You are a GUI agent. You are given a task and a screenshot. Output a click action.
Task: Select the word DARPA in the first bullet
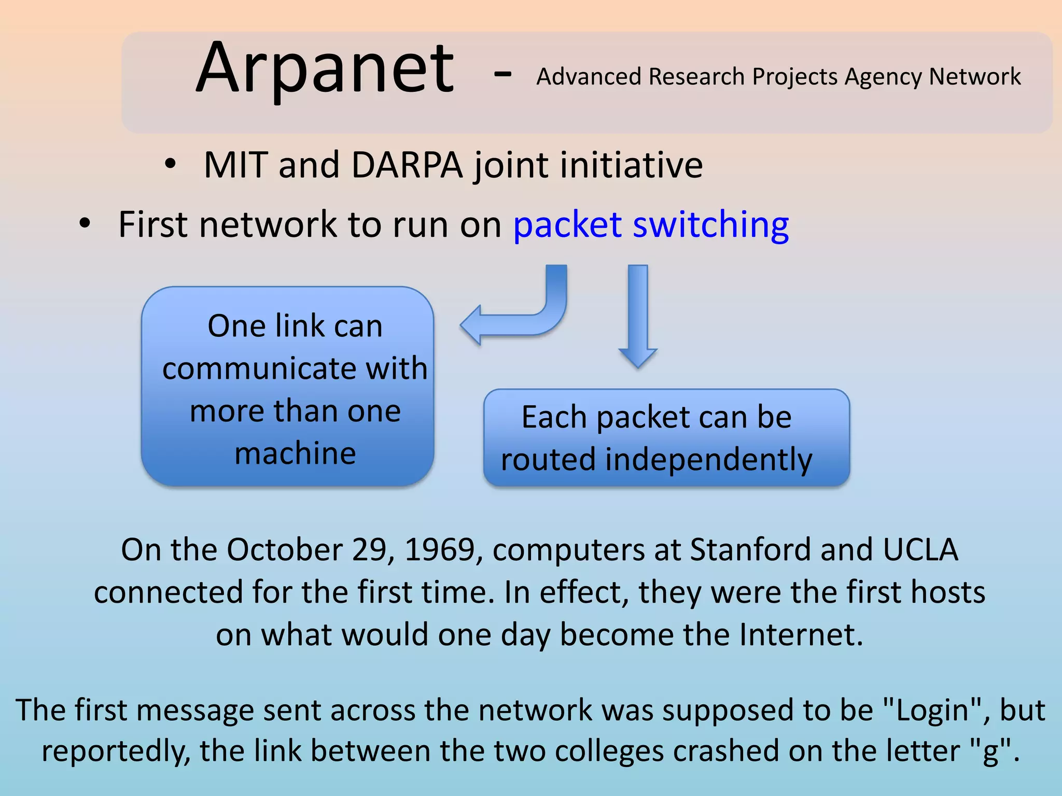pos(407,166)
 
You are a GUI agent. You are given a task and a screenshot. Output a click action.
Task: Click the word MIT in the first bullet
pos(235,166)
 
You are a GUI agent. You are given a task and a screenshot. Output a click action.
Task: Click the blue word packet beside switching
pos(567,225)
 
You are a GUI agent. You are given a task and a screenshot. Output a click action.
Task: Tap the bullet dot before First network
pos(85,224)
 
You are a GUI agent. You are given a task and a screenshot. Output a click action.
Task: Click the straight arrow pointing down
pos(638,316)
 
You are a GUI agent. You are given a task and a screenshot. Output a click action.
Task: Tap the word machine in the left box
pos(295,453)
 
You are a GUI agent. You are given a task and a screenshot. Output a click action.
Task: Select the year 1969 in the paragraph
pos(440,550)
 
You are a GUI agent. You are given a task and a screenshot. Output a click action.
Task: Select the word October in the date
pos(284,550)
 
